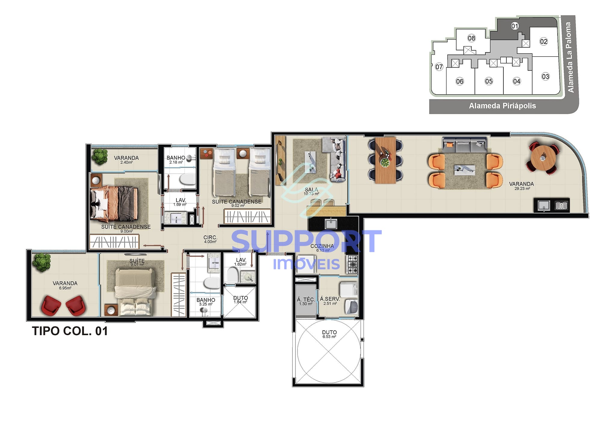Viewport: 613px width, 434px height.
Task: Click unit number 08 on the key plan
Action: (x=471, y=38)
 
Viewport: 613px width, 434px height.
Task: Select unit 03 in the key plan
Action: (x=545, y=77)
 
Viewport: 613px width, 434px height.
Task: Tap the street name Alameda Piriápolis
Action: (x=502, y=106)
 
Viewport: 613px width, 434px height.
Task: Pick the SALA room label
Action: (x=311, y=190)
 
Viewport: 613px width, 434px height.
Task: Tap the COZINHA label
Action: (x=322, y=246)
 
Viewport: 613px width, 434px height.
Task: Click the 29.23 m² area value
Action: (x=522, y=189)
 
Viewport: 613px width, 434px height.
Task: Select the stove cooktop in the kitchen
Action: (x=352, y=264)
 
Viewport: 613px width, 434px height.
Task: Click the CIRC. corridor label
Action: (x=210, y=238)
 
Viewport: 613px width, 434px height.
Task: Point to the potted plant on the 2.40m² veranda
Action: (x=99, y=156)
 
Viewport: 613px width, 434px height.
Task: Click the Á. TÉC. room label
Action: (x=306, y=299)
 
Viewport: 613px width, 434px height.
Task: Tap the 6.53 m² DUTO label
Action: (x=329, y=334)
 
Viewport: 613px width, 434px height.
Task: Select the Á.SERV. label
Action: (x=330, y=299)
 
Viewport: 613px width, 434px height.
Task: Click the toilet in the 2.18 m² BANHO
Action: (x=187, y=180)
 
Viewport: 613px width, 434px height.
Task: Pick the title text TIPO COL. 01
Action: (x=70, y=331)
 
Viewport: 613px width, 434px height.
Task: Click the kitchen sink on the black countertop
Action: (x=331, y=224)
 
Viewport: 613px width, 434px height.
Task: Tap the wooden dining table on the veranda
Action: (x=385, y=160)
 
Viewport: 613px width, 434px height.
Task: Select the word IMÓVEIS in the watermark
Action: (x=306, y=264)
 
